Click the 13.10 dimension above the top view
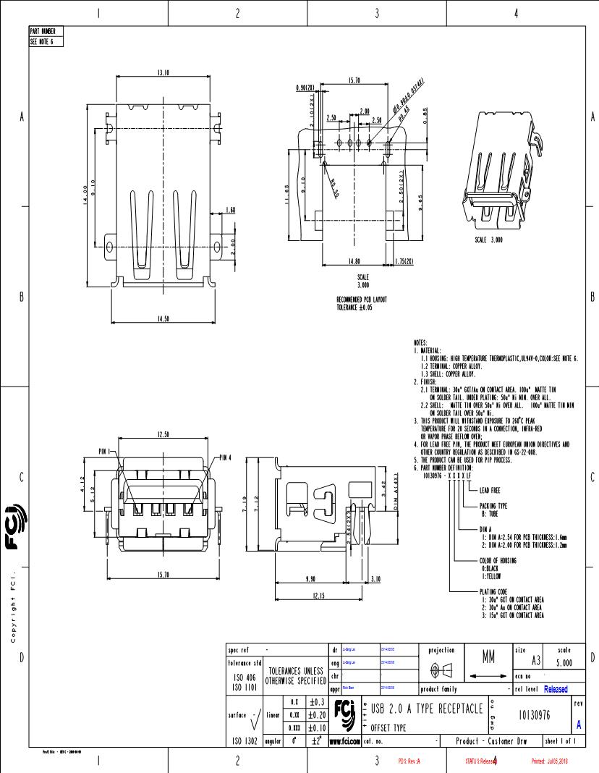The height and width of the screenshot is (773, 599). pos(163,72)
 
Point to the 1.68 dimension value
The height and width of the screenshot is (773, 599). pos(231,210)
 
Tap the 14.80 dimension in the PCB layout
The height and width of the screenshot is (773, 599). pos(354,261)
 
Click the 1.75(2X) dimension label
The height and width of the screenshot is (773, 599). pos(404,261)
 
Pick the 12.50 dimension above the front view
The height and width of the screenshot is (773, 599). pos(163,434)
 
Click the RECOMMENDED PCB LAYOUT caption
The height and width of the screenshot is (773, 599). pos(362,299)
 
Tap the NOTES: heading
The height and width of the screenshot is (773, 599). pos(420,342)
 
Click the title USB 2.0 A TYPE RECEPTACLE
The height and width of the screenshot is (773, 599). pos(427,708)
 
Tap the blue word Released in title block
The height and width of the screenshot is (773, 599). pos(556,689)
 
